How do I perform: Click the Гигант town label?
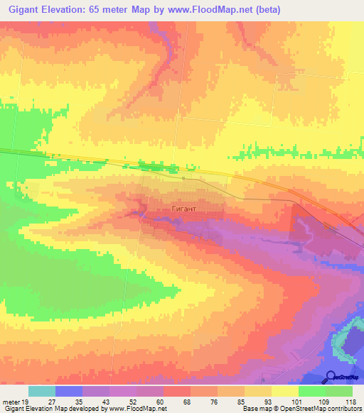click(x=183, y=210)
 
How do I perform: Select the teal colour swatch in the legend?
click(x=42, y=391)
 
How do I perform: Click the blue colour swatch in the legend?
click(x=69, y=391)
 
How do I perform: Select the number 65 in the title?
click(x=107, y=10)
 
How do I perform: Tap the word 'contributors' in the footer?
click(x=345, y=409)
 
